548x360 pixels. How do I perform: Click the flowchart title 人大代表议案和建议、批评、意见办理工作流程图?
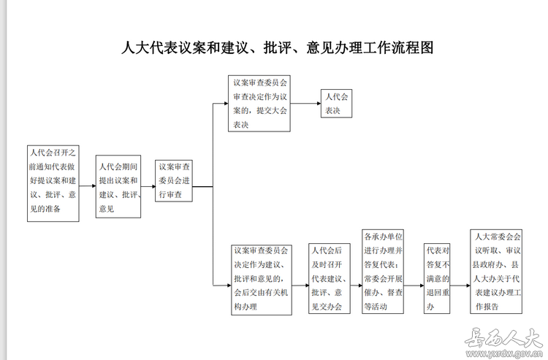[278, 48]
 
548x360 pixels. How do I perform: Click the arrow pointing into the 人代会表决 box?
[305, 104]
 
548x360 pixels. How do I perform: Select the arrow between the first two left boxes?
[88, 185]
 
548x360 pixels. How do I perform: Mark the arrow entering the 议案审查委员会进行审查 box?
[148, 186]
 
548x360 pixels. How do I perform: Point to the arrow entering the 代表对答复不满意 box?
[414, 286]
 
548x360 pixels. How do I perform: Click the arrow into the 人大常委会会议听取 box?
[460, 286]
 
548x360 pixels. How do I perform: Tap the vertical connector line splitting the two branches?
[213, 194]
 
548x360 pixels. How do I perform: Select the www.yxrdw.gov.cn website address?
[504, 353]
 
